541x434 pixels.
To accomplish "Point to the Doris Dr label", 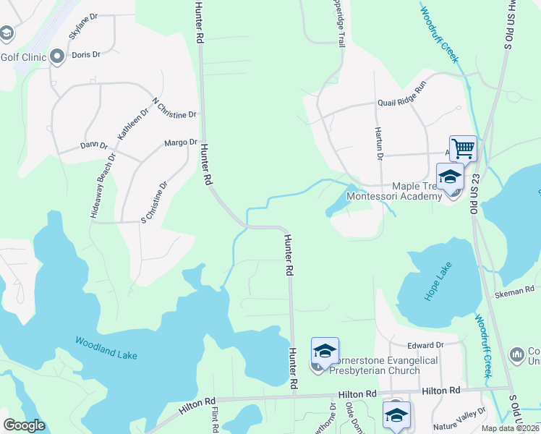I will click(86, 54).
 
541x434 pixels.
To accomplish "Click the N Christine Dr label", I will click(174, 109).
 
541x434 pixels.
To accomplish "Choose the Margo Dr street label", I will click(181, 142).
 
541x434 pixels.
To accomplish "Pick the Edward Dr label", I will click(425, 345).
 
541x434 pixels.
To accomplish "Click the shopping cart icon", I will click(463, 149).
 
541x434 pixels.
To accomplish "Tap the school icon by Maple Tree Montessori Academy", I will click(450, 176).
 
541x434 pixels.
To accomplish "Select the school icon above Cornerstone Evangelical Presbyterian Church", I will click(325, 352).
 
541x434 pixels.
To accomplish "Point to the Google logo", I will click(25, 425).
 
